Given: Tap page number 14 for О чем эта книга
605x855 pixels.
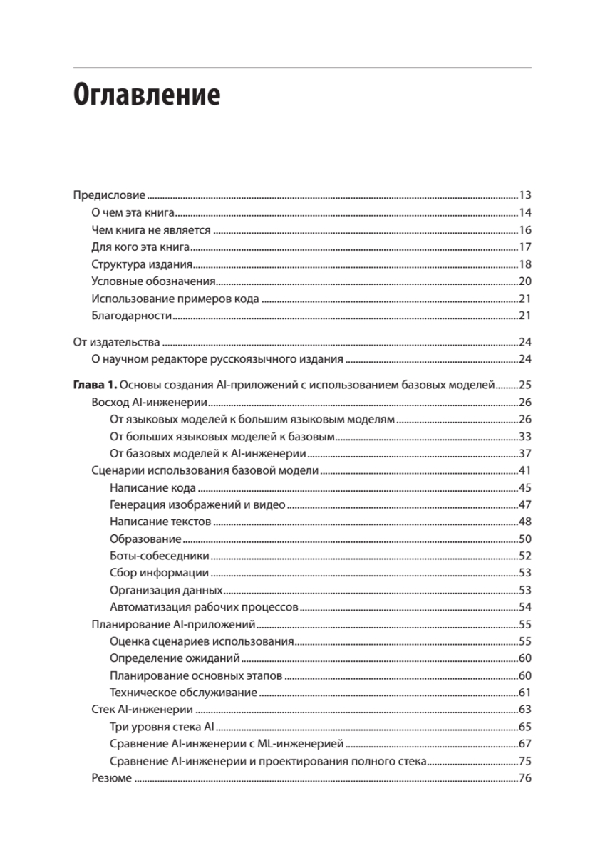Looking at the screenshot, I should point(526,212).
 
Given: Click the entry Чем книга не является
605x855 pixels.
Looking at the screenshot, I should point(151,230).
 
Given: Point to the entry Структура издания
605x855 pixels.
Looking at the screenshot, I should point(139,264).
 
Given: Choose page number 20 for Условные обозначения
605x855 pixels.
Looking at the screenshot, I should point(526,281).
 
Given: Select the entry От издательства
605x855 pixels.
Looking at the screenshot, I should point(116,342).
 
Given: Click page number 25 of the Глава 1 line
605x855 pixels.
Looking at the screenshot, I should point(526,385).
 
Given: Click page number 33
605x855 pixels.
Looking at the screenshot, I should point(526,437).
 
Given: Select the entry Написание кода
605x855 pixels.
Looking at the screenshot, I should point(153,489).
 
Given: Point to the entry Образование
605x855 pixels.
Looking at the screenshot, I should point(146,539).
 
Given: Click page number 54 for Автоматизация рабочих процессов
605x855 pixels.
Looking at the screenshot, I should point(526,608).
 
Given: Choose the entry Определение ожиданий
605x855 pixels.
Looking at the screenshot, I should point(175,658).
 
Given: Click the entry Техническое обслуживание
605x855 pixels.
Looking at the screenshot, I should point(183,693).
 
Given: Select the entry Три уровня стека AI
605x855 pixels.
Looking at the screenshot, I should point(162,727).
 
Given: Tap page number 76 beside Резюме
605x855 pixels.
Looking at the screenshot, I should point(526,779).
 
